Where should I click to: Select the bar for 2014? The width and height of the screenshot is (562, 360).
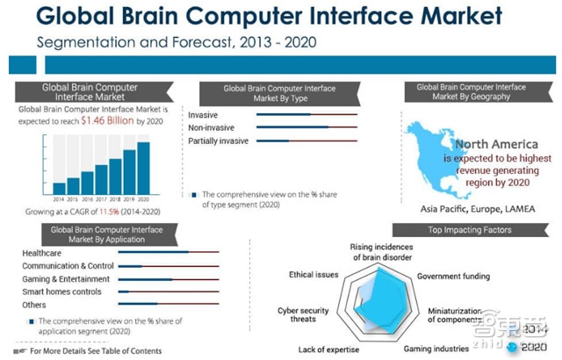click(60, 188)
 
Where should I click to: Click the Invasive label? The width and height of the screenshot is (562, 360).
click(203, 114)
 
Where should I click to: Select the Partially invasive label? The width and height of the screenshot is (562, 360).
click(219, 140)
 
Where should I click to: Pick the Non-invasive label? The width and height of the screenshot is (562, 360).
click(210, 127)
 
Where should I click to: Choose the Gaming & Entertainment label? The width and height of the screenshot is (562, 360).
click(66, 279)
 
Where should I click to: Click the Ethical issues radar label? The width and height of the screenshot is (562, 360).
click(313, 275)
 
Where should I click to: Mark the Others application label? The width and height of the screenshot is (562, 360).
click(36, 305)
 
